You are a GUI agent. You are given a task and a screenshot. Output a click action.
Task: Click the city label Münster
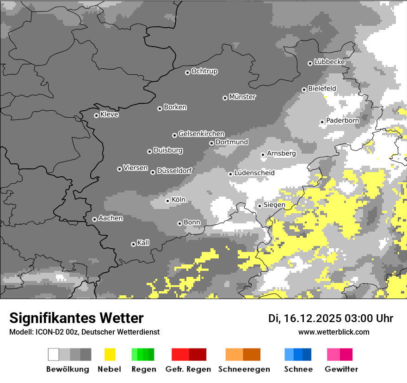[x=242, y=97]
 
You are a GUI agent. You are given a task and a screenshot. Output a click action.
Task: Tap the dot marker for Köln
[x=167, y=201]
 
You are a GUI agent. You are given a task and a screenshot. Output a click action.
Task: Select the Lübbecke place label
[x=329, y=62]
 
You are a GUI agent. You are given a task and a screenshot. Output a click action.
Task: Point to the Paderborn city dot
[x=322, y=122]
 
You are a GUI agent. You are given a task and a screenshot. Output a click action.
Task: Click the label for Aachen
[x=111, y=218]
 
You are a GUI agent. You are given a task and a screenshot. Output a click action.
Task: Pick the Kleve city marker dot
[x=96, y=115]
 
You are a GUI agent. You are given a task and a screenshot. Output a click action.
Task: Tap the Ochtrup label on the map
[x=204, y=72]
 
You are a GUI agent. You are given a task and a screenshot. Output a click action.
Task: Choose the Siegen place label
[x=274, y=205]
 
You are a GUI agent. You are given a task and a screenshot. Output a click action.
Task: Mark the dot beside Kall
[x=133, y=244]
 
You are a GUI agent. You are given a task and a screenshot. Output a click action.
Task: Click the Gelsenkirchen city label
[x=201, y=134]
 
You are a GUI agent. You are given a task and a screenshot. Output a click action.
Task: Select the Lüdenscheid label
[x=254, y=173]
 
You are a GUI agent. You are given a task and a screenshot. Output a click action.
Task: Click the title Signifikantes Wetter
[x=76, y=318]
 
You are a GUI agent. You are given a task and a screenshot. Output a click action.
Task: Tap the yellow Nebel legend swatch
[x=110, y=354]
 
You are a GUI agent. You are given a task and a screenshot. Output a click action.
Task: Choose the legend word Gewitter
[x=341, y=369]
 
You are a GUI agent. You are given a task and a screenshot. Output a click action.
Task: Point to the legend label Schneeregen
[x=244, y=369]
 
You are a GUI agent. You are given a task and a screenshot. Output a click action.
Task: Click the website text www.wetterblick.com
[x=333, y=332]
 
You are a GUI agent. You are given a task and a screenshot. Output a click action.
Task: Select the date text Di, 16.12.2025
[x=305, y=318]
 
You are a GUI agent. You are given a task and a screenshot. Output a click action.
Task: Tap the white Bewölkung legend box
[x=54, y=354]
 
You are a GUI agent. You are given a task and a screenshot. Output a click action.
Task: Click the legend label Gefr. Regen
[x=188, y=369]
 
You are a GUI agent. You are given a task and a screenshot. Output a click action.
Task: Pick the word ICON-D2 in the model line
[x=46, y=332]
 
